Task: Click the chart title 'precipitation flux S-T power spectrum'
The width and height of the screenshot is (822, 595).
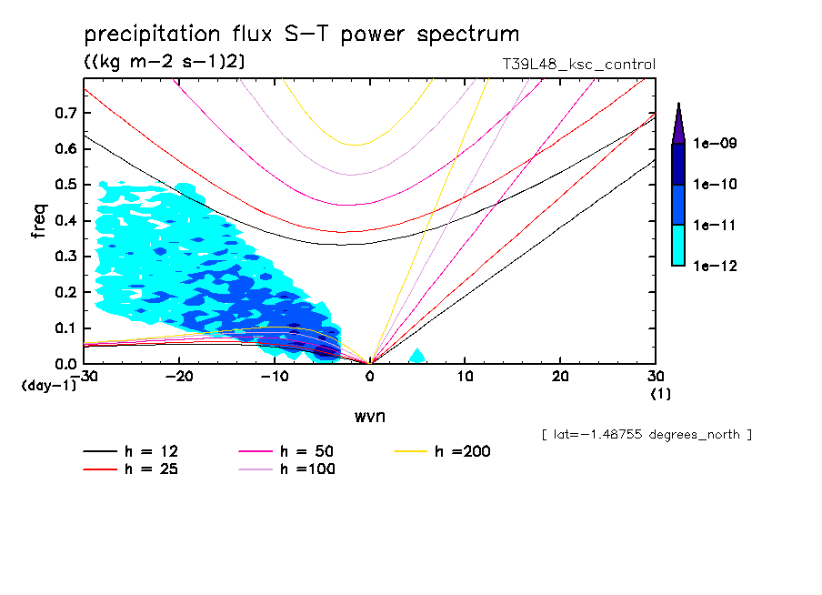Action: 302,35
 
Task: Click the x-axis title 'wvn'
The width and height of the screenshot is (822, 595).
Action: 369,416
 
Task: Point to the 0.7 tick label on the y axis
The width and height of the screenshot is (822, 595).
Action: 65,113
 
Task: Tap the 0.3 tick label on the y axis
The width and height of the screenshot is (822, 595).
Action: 65,257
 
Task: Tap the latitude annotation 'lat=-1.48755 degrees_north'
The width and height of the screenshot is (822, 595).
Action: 646,435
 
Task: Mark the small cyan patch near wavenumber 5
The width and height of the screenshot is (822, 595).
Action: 416,356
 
